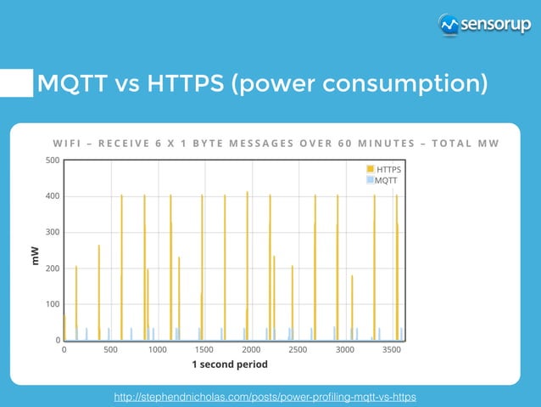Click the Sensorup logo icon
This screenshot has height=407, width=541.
pos(450,25)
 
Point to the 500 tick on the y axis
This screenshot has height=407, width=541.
pos(52,160)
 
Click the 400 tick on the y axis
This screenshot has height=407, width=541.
pos(52,196)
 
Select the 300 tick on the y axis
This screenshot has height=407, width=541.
pos(52,232)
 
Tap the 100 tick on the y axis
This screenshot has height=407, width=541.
pos(52,304)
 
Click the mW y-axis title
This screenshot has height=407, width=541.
pos(35,253)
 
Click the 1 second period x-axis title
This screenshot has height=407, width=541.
pos(229,365)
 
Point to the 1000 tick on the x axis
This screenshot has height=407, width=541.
pos(158,349)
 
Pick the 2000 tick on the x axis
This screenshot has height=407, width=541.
pos(251,349)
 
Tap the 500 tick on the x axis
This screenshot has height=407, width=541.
pos(111,349)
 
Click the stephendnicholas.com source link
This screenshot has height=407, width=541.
pos(265,397)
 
